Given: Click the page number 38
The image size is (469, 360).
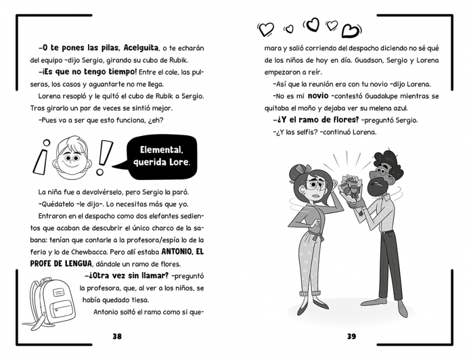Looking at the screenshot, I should point(117,336).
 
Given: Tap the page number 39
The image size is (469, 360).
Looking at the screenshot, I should point(351,336).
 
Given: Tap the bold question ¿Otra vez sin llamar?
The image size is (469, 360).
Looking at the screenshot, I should point(120,276).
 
